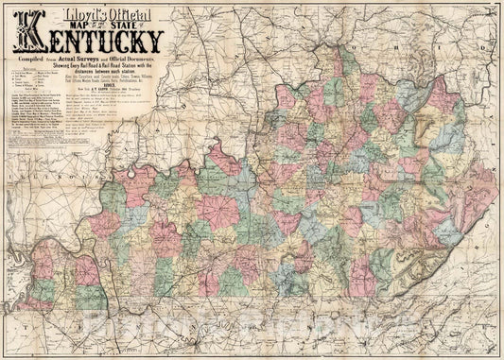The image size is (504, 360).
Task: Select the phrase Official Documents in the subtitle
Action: click(x=142, y=60)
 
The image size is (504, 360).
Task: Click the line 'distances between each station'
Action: click(x=118, y=76)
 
